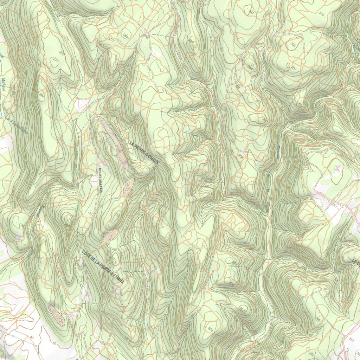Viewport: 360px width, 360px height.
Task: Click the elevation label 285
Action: coord(126,35)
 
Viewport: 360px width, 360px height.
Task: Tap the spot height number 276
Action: coord(146,36)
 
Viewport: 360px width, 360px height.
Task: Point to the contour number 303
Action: coord(251,12)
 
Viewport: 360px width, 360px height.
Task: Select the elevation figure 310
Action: coord(321,14)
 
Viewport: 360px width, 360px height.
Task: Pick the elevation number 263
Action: coord(258,102)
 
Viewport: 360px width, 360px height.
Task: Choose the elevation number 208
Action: coord(241,156)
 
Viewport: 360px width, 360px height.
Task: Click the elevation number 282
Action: coord(311,354)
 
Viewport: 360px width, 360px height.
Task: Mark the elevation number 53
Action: coord(32,337)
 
